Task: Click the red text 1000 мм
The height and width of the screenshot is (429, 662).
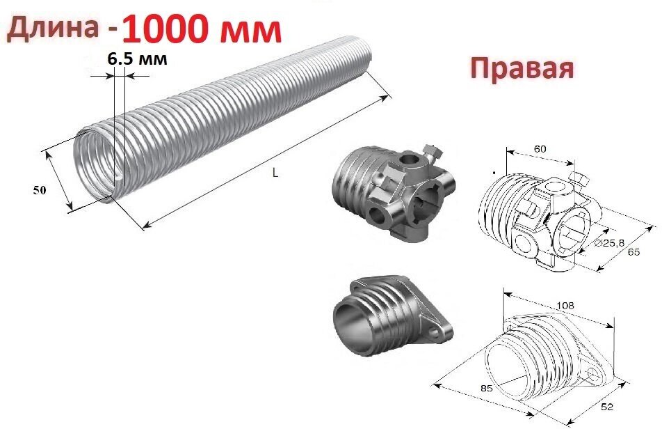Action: point(202,29)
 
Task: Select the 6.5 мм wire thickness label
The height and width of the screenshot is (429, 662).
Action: point(138,59)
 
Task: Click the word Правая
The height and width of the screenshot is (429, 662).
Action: point(522,68)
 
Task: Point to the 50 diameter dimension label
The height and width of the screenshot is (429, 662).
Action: point(41,190)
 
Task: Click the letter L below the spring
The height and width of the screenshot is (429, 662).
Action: point(275,173)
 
